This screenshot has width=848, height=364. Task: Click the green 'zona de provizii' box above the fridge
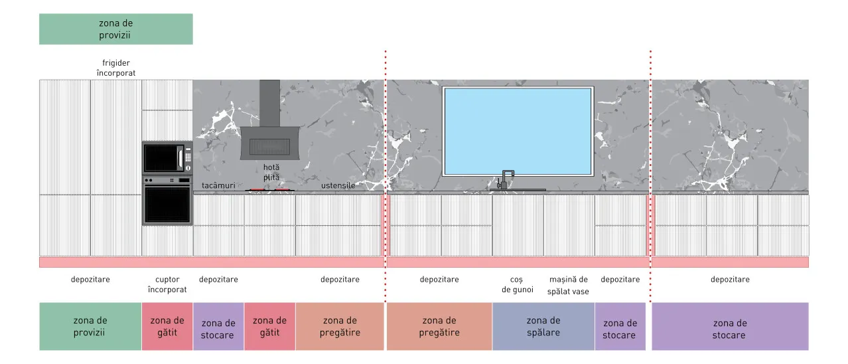click(116, 29)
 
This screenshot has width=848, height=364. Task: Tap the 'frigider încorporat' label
click(116, 68)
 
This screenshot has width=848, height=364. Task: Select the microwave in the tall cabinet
click(167, 158)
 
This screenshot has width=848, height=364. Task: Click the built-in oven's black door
click(167, 205)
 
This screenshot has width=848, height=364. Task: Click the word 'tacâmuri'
click(218, 185)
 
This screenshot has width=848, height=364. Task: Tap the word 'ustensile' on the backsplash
click(338, 185)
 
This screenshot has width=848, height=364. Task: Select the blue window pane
click(518, 132)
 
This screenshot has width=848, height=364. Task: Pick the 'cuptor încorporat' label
click(167, 284)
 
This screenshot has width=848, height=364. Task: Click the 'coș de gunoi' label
click(517, 284)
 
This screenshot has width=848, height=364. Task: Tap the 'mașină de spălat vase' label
click(568, 285)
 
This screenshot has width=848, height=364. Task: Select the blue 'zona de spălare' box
click(543, 326)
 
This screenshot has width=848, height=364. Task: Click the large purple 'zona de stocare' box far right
click(730, 326)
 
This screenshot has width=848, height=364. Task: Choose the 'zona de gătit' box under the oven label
click(167, 326)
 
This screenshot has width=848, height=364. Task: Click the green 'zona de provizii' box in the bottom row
click(90, 326)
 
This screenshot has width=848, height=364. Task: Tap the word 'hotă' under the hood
click(271, 167)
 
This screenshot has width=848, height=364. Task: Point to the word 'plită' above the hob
click(271, 177)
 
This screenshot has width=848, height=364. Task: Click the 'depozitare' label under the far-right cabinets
click(730, 280)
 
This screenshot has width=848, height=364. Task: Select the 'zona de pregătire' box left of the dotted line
click(340, 326)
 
